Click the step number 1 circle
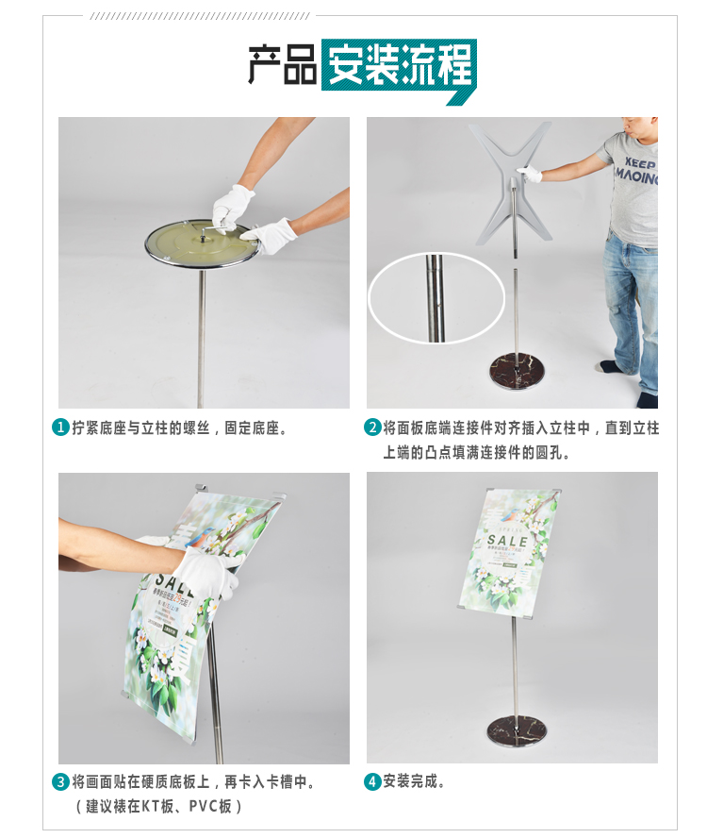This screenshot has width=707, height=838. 59,427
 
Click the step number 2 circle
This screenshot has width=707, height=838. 372,427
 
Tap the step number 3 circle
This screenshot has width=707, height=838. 59,782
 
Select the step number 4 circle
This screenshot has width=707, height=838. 372,782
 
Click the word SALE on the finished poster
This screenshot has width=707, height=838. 508,540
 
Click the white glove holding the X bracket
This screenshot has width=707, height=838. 532,175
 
